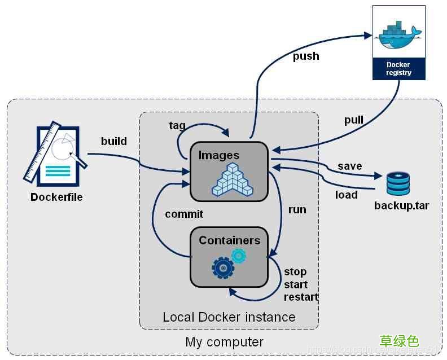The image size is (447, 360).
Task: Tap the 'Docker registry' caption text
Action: pos(398,69)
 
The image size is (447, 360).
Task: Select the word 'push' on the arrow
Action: pos(306,56)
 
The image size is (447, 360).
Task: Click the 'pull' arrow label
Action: pos(354,120)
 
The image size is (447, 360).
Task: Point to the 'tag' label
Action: pos(177,125)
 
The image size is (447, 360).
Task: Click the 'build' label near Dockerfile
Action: pos(114,141)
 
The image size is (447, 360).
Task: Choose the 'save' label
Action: pos(350,166)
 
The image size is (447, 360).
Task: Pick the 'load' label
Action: pos(346,195)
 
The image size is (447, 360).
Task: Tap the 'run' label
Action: pos(297,209)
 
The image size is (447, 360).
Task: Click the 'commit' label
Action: pos(184,214)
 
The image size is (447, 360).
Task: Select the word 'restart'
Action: pos(301,297)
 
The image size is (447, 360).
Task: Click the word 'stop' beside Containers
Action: pos(295,271)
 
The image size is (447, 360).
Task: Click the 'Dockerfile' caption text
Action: pos(56,197)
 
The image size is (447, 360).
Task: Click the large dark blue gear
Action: pos(223,267)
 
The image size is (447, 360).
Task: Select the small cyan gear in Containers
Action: pos(239,256)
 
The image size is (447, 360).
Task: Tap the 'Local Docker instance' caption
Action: pos(229,317)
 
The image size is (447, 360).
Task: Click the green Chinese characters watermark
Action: pos(399,340)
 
